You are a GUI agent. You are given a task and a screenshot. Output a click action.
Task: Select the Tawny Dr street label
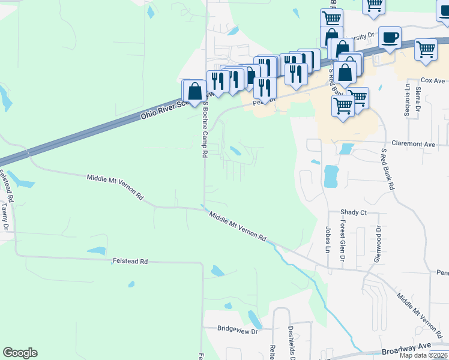coord(5,217)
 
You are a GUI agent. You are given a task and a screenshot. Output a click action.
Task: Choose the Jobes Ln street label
coord(328,239)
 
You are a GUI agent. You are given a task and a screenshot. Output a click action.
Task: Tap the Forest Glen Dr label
coord(342,241)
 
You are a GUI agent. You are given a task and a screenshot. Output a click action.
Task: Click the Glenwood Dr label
coord(378,242)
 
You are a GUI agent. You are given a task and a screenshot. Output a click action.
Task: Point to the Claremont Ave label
coord(413,144)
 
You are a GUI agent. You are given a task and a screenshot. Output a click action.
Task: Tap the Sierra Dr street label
coord(418,101)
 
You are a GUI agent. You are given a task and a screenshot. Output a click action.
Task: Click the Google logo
coord(20,353)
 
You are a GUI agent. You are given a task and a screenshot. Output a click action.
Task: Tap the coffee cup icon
coord(390,37)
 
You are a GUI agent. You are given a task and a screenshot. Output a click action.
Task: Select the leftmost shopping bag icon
coord(194,92)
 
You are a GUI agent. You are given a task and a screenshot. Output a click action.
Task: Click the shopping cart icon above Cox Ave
coord(426,49)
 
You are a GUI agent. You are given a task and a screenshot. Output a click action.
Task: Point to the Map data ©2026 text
coord(424,355)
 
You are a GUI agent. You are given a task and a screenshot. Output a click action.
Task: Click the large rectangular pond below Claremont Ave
coord(331,176)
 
